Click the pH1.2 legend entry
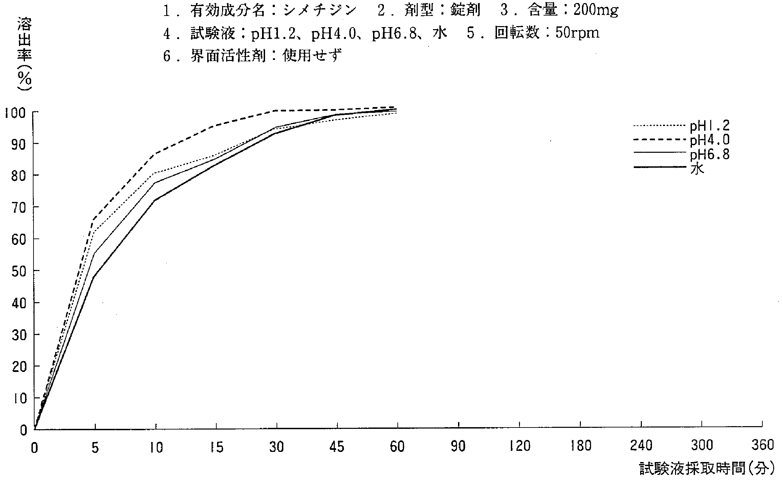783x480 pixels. (x=710, y=126)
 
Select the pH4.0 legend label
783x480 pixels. (x=710, y=140)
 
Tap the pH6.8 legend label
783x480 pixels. (x=710, y=155)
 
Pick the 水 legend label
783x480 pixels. (x=697, y=169)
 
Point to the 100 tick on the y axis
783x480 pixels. (x=15, y=113)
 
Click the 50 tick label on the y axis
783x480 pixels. (x=19, y=271)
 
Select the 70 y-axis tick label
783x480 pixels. (x=19, y=208)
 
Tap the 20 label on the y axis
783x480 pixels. (x=19, y=367)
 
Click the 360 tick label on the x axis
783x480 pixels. (x=762, y=445)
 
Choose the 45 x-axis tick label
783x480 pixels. (x=337, y=447)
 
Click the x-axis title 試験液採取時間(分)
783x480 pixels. (x=705, y=468)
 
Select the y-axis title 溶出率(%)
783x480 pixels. (x=24, y=54)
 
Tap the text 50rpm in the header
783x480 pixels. (x=577, y=33)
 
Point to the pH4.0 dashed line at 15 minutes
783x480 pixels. (x=216, y=126)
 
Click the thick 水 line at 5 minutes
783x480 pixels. (x=93, y=277)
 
